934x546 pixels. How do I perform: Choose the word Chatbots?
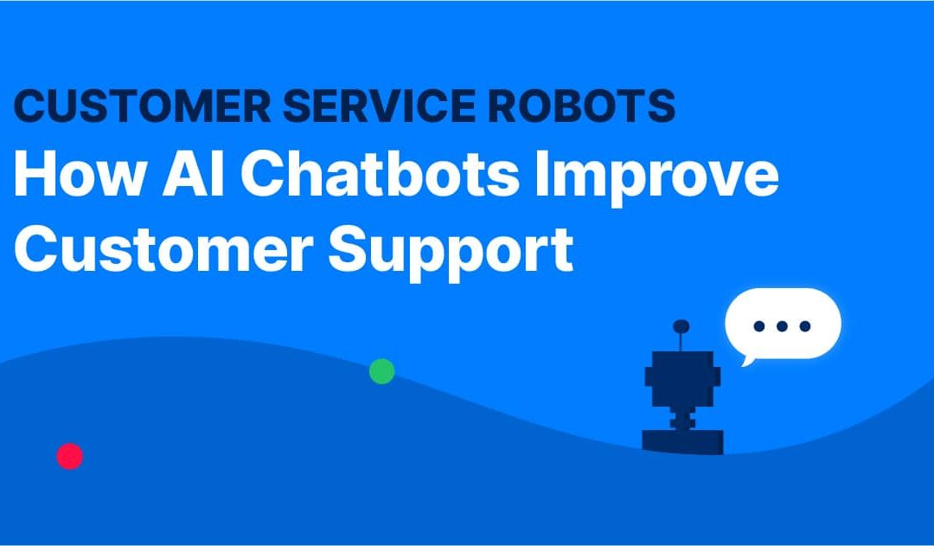coord(381,176)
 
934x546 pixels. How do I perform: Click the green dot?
coord(381,371)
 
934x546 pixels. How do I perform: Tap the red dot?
coord(69,456)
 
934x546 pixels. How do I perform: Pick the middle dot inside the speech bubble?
coord(783,326)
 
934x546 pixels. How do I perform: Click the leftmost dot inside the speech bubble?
coord(760,326)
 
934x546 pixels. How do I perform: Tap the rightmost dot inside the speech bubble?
coord(805,326)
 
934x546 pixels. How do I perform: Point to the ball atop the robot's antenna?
coord(681,326)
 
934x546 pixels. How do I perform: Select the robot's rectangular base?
coord(682,440)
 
